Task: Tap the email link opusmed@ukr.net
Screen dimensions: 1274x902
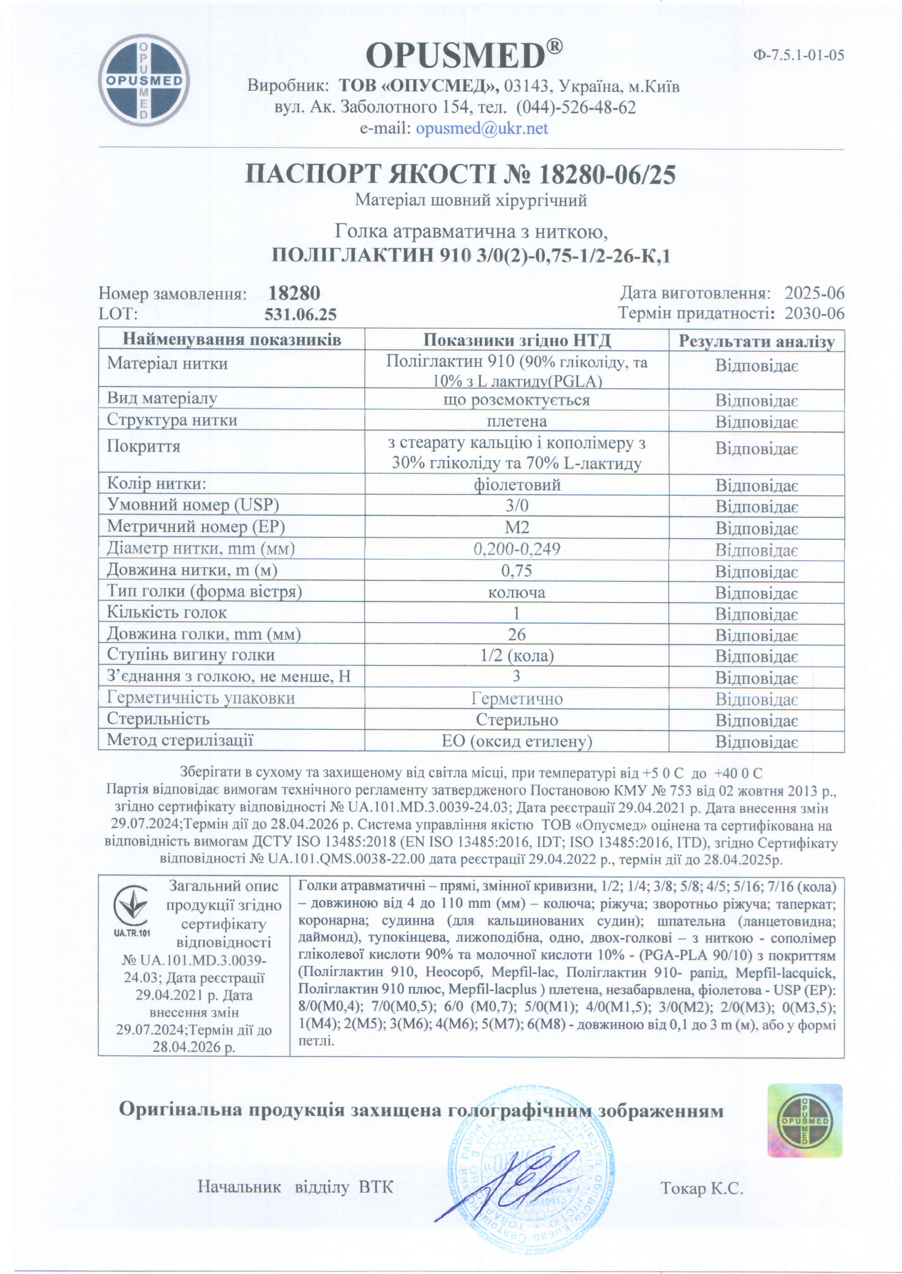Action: point(482,129)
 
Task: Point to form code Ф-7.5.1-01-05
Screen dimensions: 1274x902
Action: point(799,55)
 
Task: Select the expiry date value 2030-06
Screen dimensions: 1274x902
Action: point(814,314)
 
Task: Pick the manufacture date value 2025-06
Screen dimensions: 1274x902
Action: point(814,293)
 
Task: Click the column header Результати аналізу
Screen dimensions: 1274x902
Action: point(756,341)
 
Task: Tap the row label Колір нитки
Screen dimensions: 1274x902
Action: point(156,484)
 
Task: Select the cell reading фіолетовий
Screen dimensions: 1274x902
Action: point(516,485)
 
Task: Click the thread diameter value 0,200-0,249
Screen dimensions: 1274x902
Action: point(516,549)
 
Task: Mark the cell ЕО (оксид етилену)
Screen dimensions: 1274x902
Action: point(516,741)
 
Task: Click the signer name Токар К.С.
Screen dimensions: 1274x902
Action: point(701,1188)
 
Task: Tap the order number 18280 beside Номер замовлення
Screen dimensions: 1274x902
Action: point(295,293)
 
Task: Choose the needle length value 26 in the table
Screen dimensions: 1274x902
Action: point(516,635)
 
